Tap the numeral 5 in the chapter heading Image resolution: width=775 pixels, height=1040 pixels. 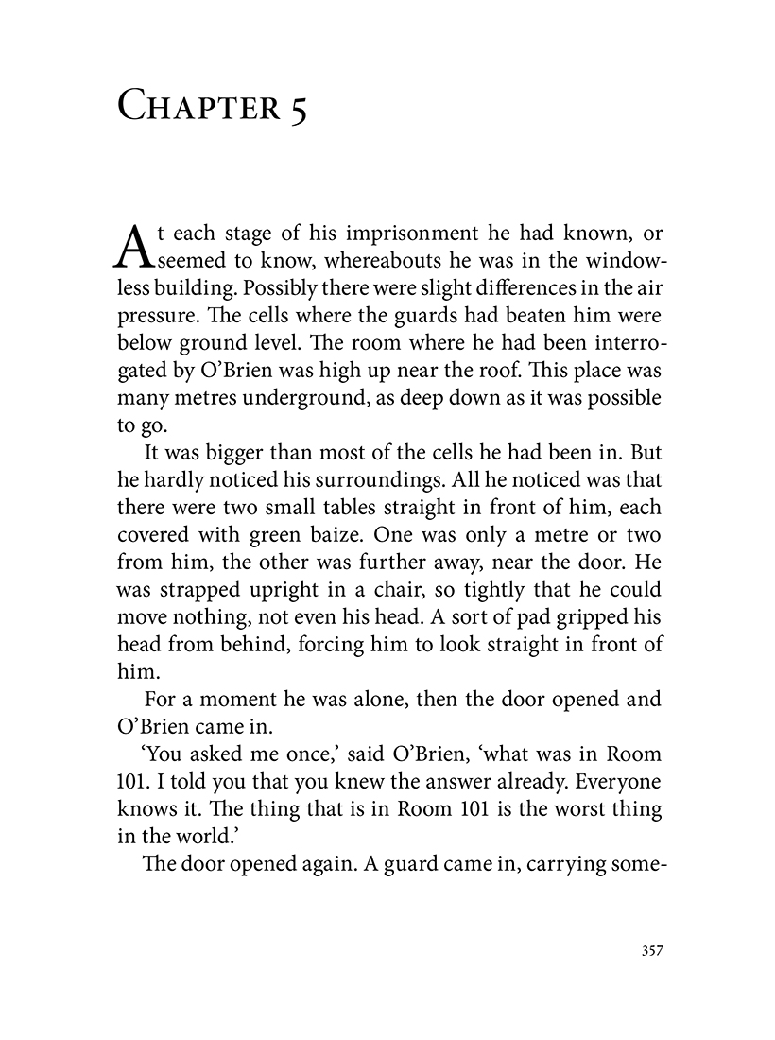(299, 107)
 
